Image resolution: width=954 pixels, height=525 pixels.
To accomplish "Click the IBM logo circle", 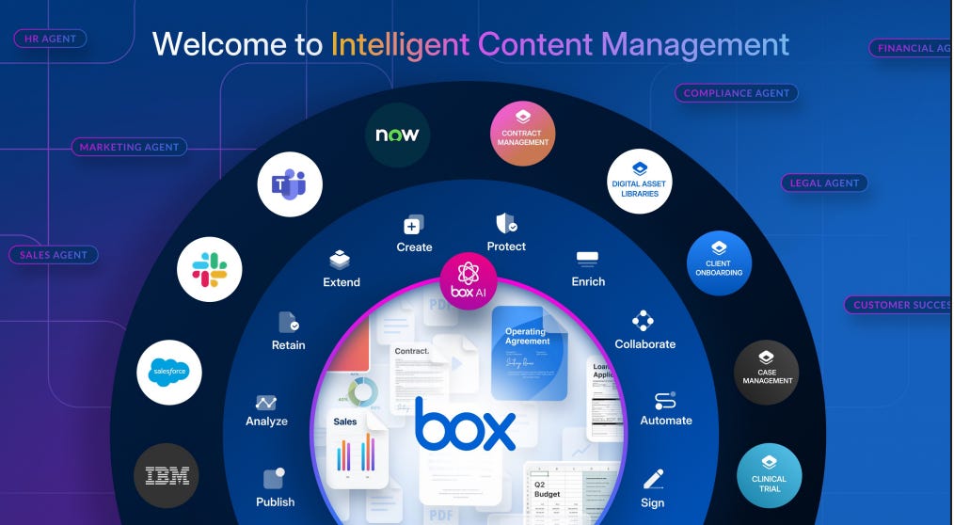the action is [x=167, y=476].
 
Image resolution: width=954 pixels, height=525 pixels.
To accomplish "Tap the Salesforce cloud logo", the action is [x=169, y=373].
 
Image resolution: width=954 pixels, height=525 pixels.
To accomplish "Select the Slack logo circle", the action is [x=210, y=269].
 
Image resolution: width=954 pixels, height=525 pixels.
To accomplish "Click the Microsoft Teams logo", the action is [x=290, y=184].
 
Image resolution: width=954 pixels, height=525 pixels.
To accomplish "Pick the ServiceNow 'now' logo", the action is [x=397, y=135].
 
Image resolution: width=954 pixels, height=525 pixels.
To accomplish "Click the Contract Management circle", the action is [x=523, y=134].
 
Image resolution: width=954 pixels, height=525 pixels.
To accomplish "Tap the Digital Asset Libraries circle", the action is [x=640, y=181].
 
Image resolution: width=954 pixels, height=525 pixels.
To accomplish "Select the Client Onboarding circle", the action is [x=720, y=263].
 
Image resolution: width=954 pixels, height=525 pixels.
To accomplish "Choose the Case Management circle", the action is [x=767, y=373].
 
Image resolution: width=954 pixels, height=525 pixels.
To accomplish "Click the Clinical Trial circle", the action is [x=769, y=476].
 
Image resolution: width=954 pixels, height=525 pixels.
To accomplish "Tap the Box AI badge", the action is [x=468, y=279].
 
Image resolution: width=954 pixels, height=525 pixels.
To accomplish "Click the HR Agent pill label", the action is [x=50, y=39].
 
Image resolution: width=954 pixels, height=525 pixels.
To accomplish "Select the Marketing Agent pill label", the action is [x=130, y=147].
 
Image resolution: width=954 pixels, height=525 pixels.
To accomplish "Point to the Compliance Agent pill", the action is [x=737, y=93].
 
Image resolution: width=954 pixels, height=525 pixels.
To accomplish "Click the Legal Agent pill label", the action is [x=824, y=183].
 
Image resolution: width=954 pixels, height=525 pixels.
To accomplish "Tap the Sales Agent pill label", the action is [x=54, y=254].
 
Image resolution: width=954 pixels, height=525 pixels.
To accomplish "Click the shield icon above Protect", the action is [x=506, y=224].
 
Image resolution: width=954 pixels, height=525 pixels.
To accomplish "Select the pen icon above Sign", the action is [x=653, y=479].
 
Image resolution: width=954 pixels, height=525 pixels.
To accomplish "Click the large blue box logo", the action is [x=465, y=424].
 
